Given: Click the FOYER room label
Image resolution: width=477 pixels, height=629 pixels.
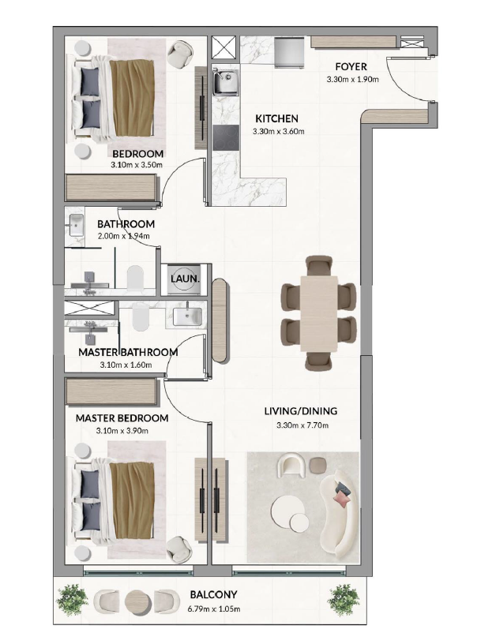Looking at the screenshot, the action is click(x=351, y=66).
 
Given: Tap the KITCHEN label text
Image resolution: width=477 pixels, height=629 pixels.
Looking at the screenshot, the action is click(x=276, y=118).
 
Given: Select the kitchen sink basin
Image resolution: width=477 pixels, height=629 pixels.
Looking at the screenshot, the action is click(x=226, y=83).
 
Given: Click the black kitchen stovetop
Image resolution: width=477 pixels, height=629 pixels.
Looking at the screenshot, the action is click(x=226, y=137).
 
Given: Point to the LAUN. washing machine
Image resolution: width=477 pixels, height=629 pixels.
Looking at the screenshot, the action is click(x=185, y=279).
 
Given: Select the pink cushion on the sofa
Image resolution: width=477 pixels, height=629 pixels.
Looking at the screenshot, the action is click(x=343, y=499).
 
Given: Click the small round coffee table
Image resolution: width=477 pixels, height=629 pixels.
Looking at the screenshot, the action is click(x=299, y=522).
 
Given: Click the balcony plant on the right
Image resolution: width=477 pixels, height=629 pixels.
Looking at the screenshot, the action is click(x=343, y=600).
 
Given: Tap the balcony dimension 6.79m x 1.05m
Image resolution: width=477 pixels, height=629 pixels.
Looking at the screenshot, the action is click(x=214, y=609).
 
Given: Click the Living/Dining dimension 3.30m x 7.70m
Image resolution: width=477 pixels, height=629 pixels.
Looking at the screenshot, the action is click(x=302, y=425).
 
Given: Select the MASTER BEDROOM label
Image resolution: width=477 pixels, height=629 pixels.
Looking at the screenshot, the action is click(x=122, y=418).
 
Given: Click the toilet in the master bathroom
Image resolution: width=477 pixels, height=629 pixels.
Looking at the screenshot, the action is click(x=140, y=317).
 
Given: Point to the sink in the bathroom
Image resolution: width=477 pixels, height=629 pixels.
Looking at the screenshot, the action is click(x=76, y=225).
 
